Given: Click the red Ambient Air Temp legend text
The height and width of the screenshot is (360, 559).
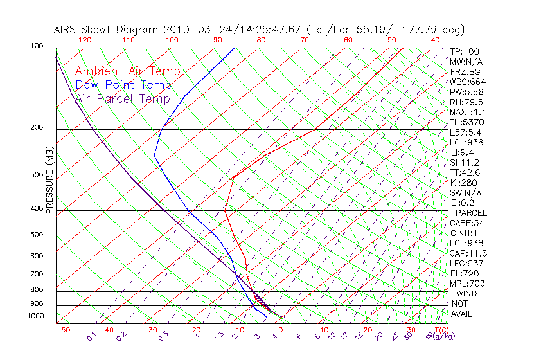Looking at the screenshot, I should pos(127,71).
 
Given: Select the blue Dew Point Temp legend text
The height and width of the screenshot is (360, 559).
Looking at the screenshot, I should pos(123,85).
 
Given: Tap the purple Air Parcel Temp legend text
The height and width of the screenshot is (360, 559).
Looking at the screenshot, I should pos(122,98).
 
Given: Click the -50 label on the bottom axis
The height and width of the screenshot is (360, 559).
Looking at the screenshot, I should pos(63,330).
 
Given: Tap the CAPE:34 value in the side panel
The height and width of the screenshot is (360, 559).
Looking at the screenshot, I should pos(467,223).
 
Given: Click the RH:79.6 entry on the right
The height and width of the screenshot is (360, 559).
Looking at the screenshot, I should pos(466,102).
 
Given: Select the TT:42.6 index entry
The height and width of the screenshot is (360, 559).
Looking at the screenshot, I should pos(465,172).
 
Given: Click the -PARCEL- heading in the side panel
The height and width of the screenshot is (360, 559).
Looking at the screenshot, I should pos(471,213).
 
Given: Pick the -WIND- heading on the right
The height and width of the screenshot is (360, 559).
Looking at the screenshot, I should pos(466,293).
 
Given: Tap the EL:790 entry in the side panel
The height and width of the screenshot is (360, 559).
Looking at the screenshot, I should pos(464,273).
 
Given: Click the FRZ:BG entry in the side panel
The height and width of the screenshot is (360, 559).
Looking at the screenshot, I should pos(465,72).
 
